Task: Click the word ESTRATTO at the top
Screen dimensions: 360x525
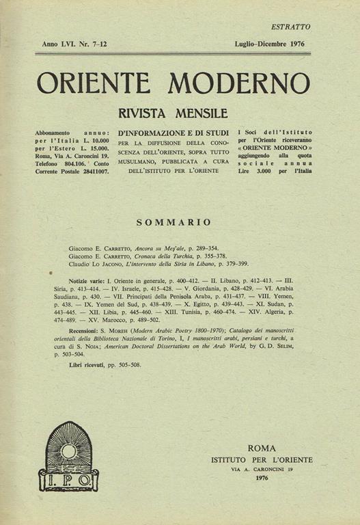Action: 290,27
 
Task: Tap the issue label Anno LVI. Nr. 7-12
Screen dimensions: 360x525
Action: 70,44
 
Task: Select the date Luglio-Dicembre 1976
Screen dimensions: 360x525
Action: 268,44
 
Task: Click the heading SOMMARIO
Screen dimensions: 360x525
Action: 174,221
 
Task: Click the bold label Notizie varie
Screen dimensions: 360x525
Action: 87,281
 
